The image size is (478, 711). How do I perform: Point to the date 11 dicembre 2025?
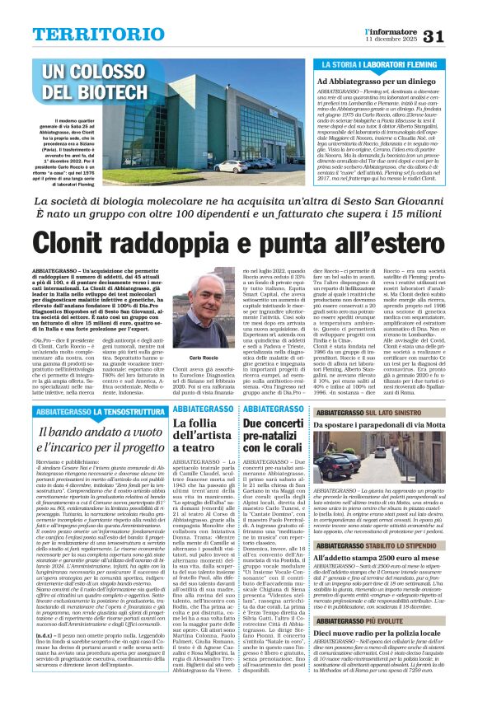point(391,40)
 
